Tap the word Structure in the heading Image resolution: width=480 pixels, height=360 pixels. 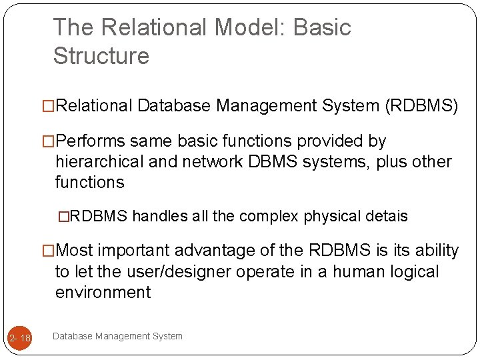pos(101,56)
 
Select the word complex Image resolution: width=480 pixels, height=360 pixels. pos(269,217)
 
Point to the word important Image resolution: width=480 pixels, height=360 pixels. pos(131,251)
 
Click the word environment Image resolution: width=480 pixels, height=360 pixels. pos(103,293)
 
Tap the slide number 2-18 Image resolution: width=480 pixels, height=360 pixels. pos(19,339)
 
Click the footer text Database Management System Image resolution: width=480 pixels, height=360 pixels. pos(117,336)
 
